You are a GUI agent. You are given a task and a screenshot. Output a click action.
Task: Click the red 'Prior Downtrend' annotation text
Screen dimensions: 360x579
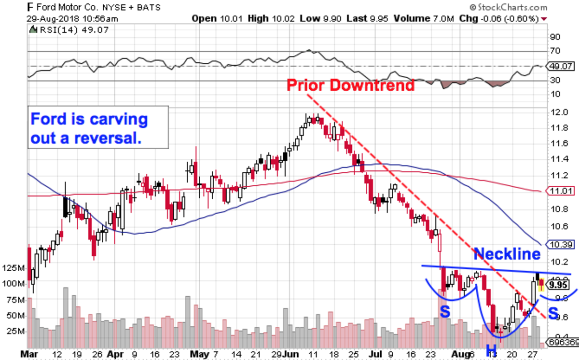(350, 85)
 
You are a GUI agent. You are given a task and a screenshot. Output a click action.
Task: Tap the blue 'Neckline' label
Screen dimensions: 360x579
(507, 253)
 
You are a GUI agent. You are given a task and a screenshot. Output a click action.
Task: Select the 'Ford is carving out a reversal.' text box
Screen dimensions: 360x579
(98, 126)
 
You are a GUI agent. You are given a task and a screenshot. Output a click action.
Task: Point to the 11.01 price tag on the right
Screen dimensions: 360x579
(559, 192)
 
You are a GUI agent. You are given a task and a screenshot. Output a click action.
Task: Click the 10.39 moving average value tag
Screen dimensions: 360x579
(559, 244)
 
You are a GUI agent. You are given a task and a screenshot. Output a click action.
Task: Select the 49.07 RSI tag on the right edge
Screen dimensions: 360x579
(559, 66)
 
